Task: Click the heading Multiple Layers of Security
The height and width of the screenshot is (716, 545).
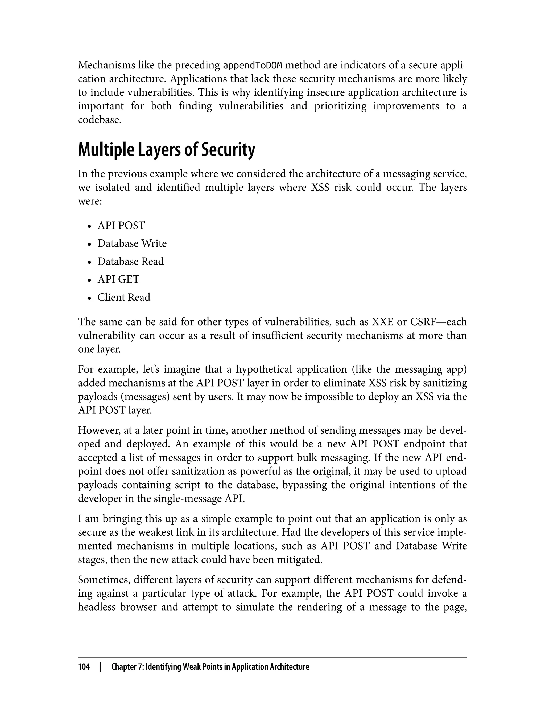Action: point(166,150)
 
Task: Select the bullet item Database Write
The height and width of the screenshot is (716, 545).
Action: point(132,243)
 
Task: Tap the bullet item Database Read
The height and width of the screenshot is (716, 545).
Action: point(130,261)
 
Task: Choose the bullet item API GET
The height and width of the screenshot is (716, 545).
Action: point(118,279)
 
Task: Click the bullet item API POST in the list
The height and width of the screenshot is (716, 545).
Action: point(121,225)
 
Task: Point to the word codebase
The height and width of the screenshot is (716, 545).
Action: point(99,120)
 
